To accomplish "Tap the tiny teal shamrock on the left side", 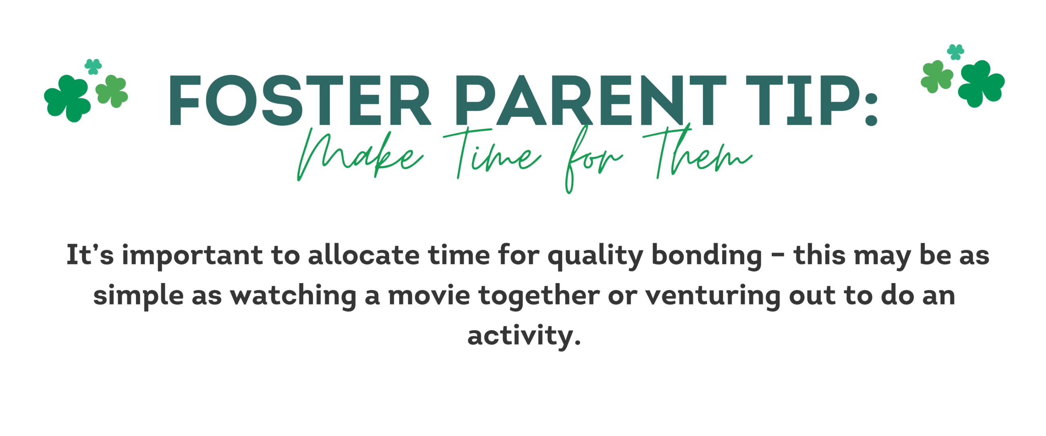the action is click(x=93, y=67).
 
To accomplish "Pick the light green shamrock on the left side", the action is click(x=112, y=91).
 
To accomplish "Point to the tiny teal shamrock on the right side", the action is click(x=956, y=52).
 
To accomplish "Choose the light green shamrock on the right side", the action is click(x=937, y=77).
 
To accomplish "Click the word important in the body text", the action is click(x=192, y=256).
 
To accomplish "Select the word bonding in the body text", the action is click(x=707, y=256).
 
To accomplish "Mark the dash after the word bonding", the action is click(x=778, y=256).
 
